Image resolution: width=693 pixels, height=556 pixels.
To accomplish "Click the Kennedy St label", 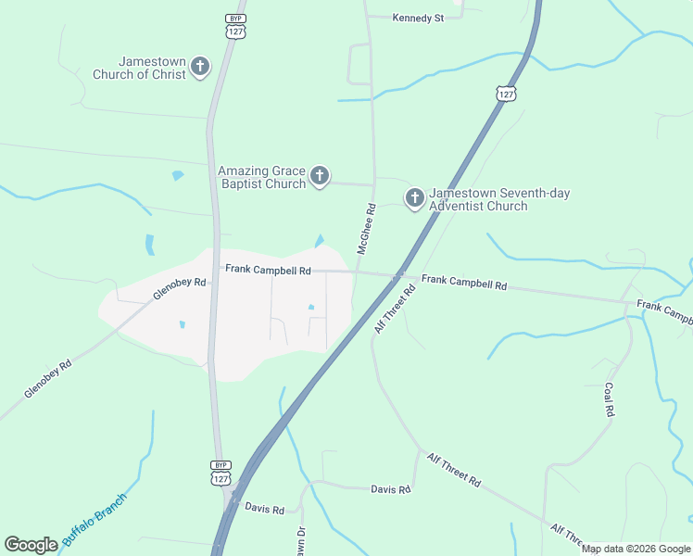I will (419, 18).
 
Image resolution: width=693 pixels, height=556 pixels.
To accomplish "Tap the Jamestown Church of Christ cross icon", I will (200, 67).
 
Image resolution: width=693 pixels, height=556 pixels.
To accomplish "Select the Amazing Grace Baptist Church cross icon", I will (320, 176).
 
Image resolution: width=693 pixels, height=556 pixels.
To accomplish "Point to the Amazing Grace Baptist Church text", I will (262, 177).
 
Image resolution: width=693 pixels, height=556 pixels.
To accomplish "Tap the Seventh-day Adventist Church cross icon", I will (414, 197).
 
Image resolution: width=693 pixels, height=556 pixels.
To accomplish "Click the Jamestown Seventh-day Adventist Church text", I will (491, 199).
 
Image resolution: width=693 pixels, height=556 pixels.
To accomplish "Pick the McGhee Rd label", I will (365, 229).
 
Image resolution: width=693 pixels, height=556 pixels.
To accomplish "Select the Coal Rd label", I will (609, 399).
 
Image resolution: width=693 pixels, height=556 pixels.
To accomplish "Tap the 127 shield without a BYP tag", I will (505, 95).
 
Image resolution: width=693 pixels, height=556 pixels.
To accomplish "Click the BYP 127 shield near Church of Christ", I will (233, 26).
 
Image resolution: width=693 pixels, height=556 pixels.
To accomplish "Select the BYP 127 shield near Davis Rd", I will (220, 473).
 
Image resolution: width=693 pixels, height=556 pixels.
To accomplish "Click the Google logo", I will (31, 545).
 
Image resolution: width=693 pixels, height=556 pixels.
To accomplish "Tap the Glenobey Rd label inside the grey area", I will (180, 289).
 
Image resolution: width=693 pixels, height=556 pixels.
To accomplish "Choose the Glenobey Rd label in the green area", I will (48, 380).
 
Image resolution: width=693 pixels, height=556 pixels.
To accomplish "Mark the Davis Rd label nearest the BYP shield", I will (264, 509).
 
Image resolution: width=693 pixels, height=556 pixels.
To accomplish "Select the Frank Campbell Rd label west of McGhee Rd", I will (268, 270).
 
